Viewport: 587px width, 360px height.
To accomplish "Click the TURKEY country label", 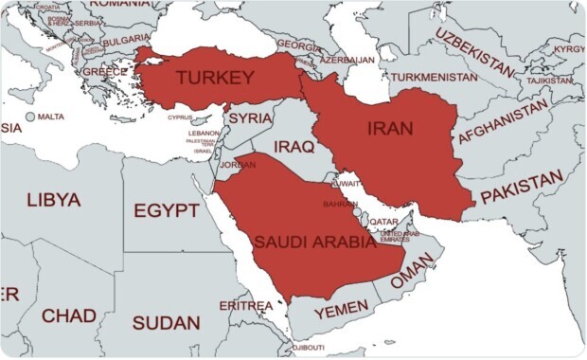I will click(215, 78).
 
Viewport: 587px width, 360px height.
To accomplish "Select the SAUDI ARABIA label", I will click(314, 242).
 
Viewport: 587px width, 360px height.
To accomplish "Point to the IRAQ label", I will click(293, 147).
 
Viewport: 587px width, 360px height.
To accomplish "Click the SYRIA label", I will click(251, 117).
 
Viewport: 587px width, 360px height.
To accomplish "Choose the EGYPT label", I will click(166, 210).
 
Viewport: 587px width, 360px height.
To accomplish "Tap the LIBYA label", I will click(54, 201).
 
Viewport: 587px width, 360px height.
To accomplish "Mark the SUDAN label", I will click(166, 323).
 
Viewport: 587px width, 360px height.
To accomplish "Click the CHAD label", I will click(68, 315).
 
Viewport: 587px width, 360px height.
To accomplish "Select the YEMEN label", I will click(340, 311).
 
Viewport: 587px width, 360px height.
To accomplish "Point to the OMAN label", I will click(411, 278).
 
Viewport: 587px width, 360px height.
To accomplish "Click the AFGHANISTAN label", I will click(503, 123).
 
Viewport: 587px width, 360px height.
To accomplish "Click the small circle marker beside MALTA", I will click(30, 117).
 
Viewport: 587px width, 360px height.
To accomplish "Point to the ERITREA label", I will click(245, 306).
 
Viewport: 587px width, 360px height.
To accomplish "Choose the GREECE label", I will click(104, 71).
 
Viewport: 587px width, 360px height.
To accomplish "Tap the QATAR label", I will click(383, 222).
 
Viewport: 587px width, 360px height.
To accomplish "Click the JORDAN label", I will click(237, 164).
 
